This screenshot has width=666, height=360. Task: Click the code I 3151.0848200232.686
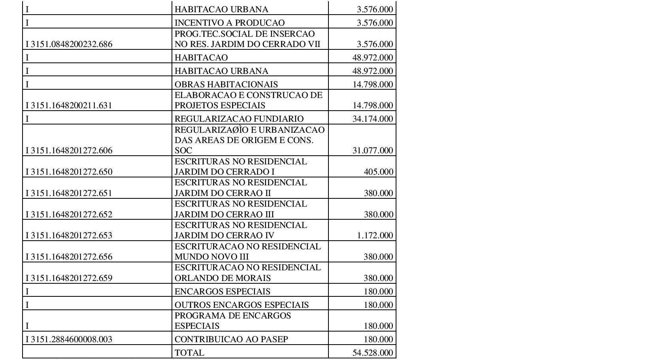click(69, 44)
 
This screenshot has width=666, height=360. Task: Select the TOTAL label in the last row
click(189, 352)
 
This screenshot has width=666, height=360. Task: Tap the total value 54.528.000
click(373, 352)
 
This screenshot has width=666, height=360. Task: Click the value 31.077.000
click(373, 151)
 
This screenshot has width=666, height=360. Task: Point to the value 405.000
click(378, 172)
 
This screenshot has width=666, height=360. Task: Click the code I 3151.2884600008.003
click(69, 339)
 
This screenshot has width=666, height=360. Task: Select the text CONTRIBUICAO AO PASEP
click(231, 339)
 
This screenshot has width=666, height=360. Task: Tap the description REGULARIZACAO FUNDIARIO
click(239, 119)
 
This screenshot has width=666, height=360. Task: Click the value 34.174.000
click(373, 119)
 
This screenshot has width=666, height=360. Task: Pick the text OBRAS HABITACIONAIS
click(226, 85)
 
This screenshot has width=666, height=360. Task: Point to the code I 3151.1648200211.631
click(69, 106)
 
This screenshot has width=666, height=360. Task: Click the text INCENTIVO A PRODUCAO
click(229, 23)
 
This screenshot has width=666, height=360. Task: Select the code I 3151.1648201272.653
click(69, 236)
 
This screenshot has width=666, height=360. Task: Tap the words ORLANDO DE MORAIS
click(223, 278)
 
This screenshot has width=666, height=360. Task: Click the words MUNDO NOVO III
click(211, 257)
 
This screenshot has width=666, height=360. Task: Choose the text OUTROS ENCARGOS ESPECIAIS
click(241, 305)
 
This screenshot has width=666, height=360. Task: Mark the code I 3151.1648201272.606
click(69, 151)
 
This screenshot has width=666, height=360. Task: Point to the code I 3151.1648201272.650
click(69, 172)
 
